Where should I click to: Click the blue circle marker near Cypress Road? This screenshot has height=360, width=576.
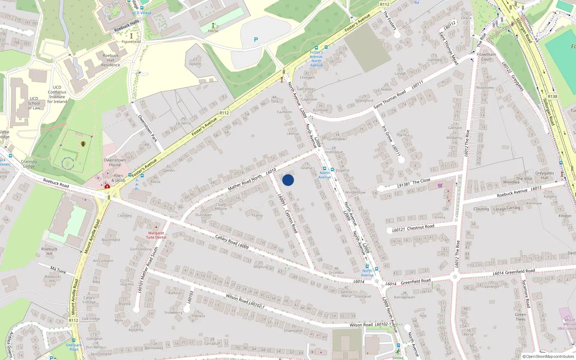pyautogui.click(x=288, y=180)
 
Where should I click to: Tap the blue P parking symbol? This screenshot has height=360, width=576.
pyautogui.click(x=256, y=40)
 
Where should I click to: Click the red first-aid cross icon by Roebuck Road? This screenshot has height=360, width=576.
pyautogui.click(x=107, y=186)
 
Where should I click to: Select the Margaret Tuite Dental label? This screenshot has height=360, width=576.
pyautogui.click(x=156, y=235)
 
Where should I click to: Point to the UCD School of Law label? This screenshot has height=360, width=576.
pyautogui.click(x=34, y=103)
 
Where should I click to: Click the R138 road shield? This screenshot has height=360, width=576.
pyautogui.click(x=552, y=96)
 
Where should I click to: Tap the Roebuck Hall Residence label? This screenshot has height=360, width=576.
pyautogui.click(x=111, y=60)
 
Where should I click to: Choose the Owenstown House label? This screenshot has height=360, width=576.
pyautogui.click(x=115, y=162)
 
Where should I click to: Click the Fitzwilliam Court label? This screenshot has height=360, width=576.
pyautogui.click(x=486, y=57)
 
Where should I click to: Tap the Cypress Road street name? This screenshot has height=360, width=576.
pyautogui.click(x=291, y=221)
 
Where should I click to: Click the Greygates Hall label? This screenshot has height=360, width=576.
pyautogui.click(x=544, y=175)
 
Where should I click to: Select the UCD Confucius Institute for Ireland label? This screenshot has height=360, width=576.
pyautogui.click(x=57, y=94)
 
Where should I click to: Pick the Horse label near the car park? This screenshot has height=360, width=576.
pyautogui.click(x=213, y=31)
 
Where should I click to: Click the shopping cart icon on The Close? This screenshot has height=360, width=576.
pyautogui.click(x=440, y=186)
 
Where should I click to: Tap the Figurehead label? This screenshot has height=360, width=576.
pyautogui.click(x=131, y=42)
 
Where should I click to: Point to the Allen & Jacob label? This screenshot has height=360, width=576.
pyautogui.click(x=118, y=178)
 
